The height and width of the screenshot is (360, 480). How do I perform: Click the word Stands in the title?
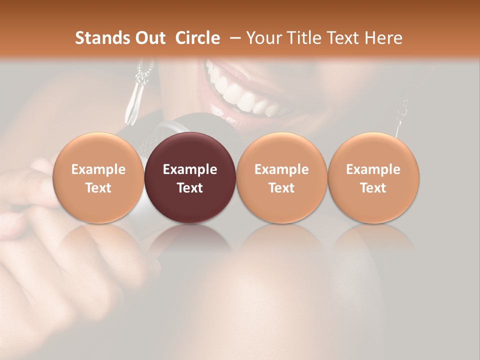pos(102,38)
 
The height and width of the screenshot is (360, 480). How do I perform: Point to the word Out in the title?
pos(149,38)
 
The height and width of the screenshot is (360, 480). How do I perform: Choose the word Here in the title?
pos(383,38)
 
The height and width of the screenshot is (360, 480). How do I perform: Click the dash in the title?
pos(235,38)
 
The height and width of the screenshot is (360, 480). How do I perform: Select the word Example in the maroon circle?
pos(190,169)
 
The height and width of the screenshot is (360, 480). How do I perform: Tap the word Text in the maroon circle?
pos(190,188)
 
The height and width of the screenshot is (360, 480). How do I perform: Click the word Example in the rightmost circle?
pos(373,169)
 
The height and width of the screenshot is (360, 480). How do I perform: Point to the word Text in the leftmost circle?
pos(98,188)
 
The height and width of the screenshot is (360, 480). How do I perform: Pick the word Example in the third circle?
pos(281,169)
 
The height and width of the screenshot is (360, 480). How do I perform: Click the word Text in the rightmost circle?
pos(373,188)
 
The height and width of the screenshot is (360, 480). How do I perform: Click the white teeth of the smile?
pos(240,92)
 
